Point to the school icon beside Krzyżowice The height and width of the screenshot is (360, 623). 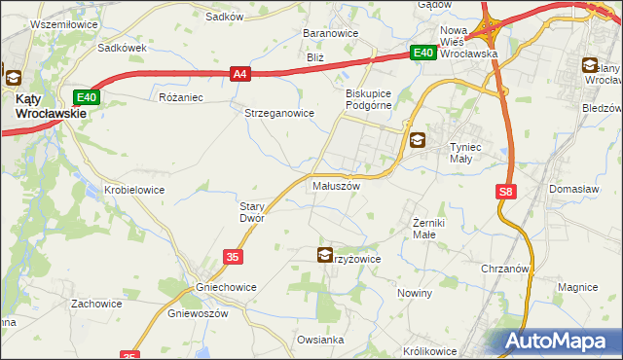point(324,255)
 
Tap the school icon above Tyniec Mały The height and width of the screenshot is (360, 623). point(417,140)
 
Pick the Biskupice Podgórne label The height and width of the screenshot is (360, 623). point(368,99)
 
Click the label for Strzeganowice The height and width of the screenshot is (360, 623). point(278,112)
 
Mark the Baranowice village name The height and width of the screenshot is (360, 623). point(331,33)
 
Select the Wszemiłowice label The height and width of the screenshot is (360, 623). point(41,22)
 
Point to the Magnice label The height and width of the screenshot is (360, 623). point(576,287)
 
